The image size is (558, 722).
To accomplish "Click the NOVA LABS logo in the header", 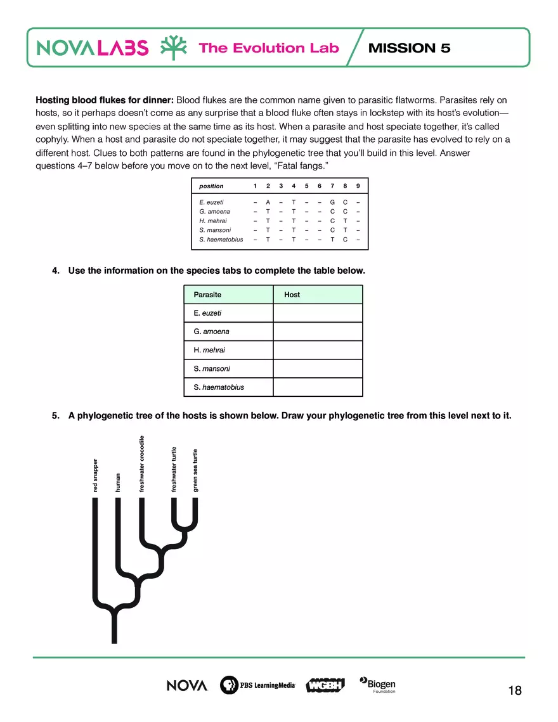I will coord(93,48).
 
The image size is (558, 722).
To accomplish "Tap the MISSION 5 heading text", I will coord(409,48).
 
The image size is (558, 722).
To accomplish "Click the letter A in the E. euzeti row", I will coord(268,202).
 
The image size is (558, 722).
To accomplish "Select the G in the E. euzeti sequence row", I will coord(332,202).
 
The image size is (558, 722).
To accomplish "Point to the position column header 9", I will coord(358,186).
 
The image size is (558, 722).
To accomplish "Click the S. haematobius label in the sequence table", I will coord(221,240).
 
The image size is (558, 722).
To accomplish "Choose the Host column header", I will coord(292,295).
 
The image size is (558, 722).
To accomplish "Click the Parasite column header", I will coord(207,295).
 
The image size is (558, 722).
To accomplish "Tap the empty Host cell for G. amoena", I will coord(318,332).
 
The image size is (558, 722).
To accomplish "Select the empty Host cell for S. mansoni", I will coord(318,369).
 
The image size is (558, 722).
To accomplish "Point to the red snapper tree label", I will coord(95,475).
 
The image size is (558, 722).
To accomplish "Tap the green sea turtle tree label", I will coord(195,470).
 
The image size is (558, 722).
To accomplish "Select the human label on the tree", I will coord(118,482).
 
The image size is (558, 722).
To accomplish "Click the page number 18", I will coord(515,690).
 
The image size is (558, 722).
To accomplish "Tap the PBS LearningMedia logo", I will coord(257,685).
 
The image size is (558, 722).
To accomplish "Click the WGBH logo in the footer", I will coord(325,685).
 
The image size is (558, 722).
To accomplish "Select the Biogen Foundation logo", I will coord(378,685).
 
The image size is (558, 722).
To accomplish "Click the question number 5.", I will coord(55,416).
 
